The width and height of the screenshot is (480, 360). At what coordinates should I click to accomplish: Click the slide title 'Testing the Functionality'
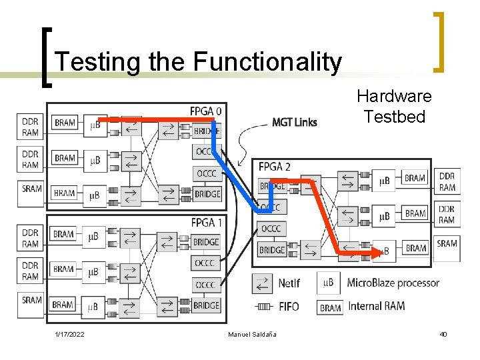198,62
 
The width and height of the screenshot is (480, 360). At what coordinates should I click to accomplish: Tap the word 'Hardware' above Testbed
394,96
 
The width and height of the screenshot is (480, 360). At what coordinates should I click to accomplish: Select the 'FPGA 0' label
207,110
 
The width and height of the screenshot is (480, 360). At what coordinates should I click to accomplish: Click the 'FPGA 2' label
275,166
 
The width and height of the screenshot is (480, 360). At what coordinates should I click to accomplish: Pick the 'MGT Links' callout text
294,122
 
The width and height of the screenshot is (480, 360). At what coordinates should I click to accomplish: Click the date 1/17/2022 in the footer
69,334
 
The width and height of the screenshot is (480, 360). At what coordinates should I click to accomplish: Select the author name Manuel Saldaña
252,334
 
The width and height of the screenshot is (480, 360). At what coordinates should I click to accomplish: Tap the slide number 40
443,334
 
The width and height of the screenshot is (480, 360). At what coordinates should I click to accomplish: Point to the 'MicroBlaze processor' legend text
393,283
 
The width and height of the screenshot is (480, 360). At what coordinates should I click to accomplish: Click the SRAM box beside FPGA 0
31,189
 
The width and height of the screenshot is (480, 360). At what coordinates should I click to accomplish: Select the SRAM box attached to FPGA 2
447,244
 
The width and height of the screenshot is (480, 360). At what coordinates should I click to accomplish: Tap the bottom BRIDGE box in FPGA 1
206,305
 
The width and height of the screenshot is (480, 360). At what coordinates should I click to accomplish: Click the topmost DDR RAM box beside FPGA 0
31,127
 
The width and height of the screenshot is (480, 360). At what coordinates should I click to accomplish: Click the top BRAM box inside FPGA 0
65,123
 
